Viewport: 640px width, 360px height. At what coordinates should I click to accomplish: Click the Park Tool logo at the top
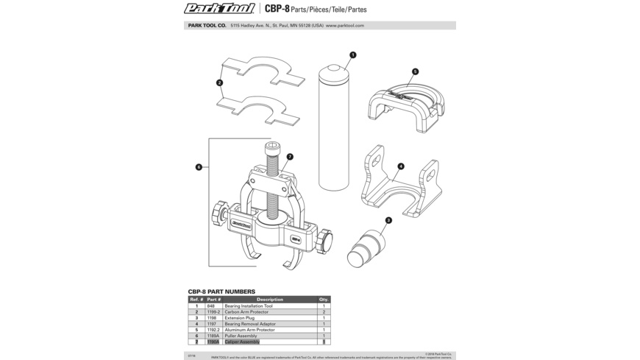click(219, 9)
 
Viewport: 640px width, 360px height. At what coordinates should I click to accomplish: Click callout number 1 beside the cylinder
click(353, 55)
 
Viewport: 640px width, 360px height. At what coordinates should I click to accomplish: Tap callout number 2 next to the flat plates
click(219, 83)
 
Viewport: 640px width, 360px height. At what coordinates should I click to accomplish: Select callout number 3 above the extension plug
click(388, 220)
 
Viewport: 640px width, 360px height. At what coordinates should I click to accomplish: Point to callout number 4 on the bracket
click(400, 166)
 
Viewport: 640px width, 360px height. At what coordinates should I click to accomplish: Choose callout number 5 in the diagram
click(415, 72)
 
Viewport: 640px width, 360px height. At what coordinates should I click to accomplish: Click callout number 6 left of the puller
click(199, 167)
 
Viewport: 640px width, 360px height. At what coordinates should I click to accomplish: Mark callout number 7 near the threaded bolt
click(290, 157)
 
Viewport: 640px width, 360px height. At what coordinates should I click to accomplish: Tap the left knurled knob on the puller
click(218, 213)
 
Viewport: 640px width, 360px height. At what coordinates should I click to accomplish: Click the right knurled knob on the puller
click(325, 240)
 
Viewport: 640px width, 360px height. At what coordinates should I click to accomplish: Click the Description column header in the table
click(270, 300)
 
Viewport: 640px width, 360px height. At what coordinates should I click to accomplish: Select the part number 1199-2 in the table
click(213, 312)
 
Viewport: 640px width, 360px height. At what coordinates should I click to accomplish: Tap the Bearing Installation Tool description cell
click(249, 306)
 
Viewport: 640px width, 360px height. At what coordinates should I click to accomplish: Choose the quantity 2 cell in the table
click(324, 312)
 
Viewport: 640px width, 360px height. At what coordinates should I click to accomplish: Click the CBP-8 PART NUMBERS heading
click(221, 292)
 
